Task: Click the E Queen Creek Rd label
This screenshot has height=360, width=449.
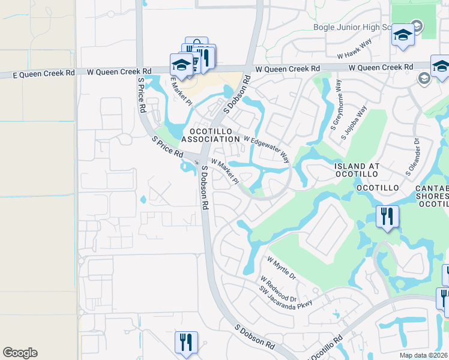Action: click(45, 73)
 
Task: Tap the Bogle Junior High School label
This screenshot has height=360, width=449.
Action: click(355, 27)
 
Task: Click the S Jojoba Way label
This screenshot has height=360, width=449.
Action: click(354, 123)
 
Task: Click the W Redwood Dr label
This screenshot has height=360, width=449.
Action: click(278, 289)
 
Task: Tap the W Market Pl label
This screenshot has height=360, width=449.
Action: click(224, 172)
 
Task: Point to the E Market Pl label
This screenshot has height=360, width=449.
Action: click(181, 91)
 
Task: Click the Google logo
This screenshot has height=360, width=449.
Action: click(20, 353)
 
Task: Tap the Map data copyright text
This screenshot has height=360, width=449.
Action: click(424, 355)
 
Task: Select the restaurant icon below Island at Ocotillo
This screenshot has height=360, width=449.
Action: click(387, 216)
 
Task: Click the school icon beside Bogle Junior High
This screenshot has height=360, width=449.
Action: click(403, 34)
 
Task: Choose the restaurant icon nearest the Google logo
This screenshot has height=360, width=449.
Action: click(186, 342)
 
